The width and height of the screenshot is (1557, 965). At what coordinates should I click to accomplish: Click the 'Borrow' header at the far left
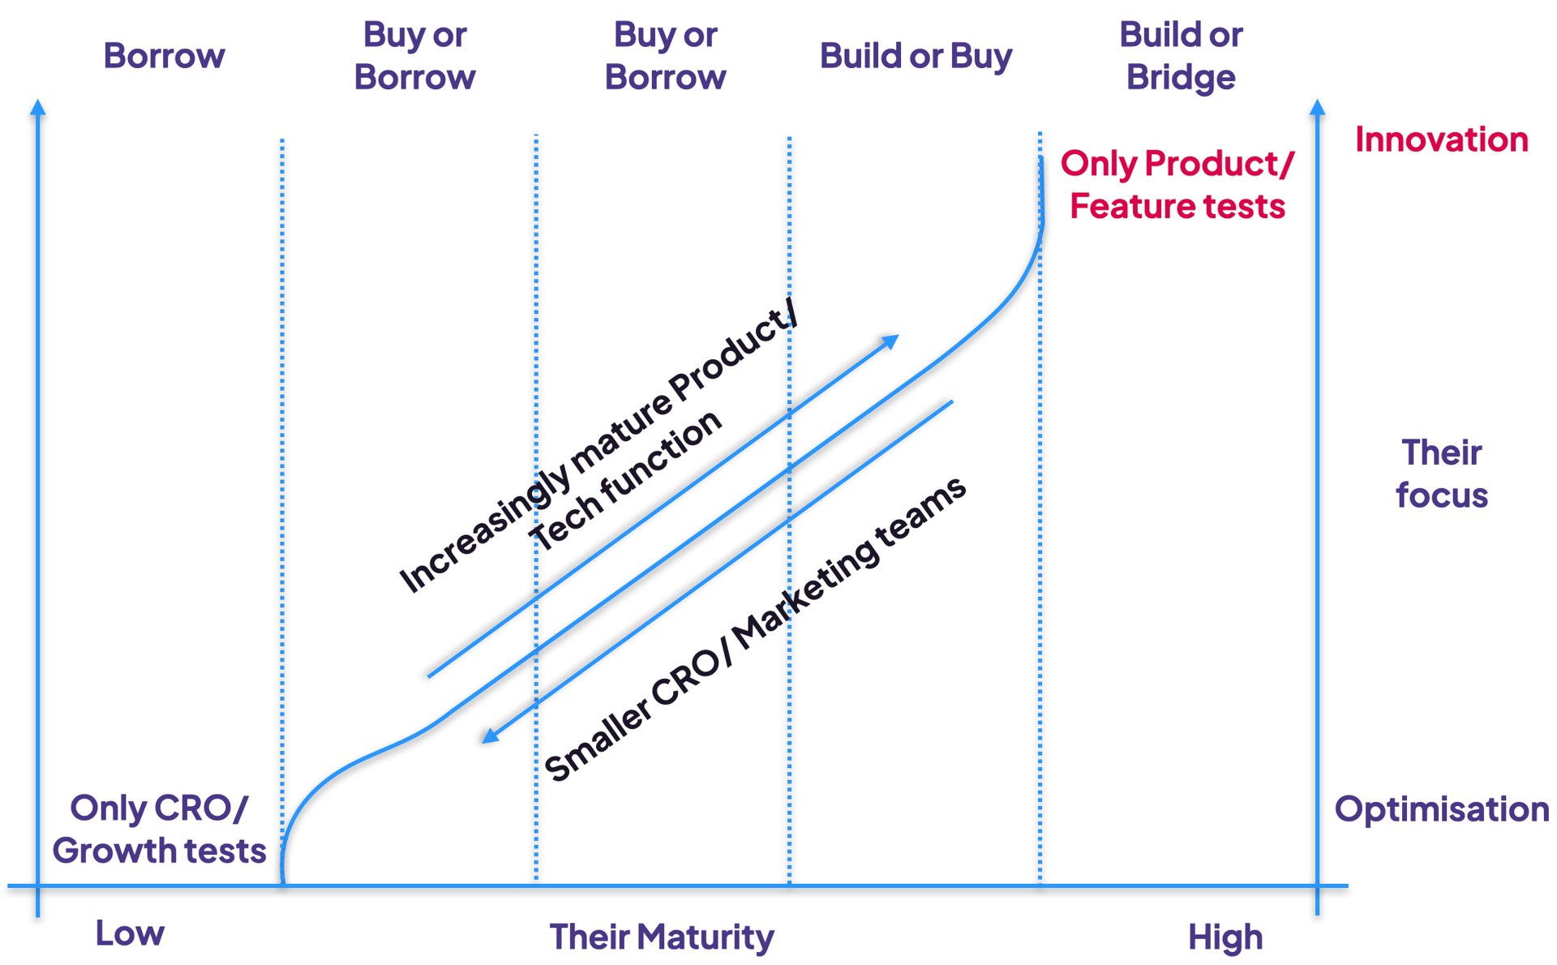164,56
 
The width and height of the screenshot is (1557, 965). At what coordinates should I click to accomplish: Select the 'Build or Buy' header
916,56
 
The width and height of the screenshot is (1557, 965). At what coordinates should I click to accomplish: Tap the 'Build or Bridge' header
1181,56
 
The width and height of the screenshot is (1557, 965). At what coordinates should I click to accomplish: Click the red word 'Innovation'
1441,139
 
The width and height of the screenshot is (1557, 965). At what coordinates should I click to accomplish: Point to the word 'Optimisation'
1441,809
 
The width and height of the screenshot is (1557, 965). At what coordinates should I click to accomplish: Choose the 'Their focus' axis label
1441,474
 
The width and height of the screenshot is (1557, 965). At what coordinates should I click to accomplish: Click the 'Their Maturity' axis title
662,937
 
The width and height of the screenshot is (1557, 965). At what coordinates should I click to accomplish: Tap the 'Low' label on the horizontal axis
130,934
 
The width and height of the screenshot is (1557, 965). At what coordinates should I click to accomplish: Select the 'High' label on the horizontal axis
1225,937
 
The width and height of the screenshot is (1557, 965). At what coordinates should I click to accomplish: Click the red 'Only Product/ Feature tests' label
1177,185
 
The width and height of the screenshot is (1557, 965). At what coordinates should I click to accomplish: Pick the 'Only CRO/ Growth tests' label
159,829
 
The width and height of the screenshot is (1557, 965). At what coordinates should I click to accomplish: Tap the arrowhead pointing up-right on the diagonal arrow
890,341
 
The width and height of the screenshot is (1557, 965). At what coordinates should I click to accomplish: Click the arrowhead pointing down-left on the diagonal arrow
490,736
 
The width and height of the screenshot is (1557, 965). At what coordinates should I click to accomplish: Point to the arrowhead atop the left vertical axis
37,108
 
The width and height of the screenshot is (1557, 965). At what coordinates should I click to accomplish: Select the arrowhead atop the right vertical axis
1317,108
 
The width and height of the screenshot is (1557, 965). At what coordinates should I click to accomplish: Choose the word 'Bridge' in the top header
1181,78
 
